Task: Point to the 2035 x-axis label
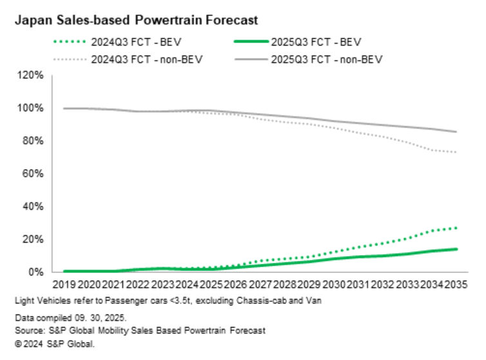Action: pos(456,284)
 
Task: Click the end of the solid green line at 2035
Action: pos(457,249)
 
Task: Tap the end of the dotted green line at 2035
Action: pos(457,228)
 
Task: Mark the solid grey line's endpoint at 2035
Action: pos(457,132)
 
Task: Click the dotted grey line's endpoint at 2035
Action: pos(457,153)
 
